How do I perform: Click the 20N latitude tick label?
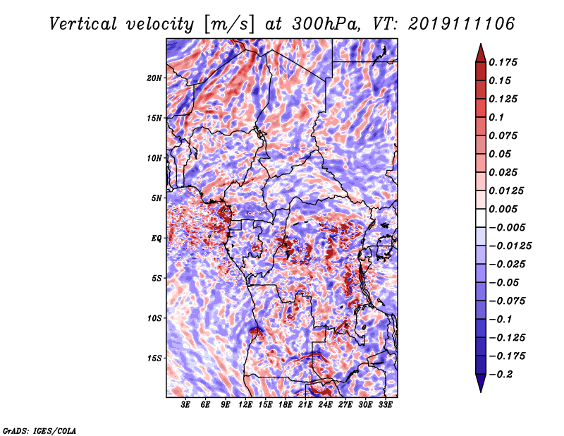tap(154, 78)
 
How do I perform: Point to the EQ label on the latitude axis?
tap(157, 238)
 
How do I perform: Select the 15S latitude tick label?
tap(155, 358)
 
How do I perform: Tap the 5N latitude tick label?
tap(157, 198)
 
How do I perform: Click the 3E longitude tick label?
tap(186, 405)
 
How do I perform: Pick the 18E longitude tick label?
tap(286, 405)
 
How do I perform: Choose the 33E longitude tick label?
tap(385, 405)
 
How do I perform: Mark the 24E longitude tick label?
tap(325, 405)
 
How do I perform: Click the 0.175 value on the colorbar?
tap(505, 62)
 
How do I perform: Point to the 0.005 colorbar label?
tap(505, 209)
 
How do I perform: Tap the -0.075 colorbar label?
tap(508, 301)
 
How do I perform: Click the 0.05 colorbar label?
tap(503, 154)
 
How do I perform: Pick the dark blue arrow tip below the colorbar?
tap(479, 387)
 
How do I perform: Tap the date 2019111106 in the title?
tap(459, 24)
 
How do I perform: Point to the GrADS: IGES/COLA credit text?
tap(39, 430)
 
